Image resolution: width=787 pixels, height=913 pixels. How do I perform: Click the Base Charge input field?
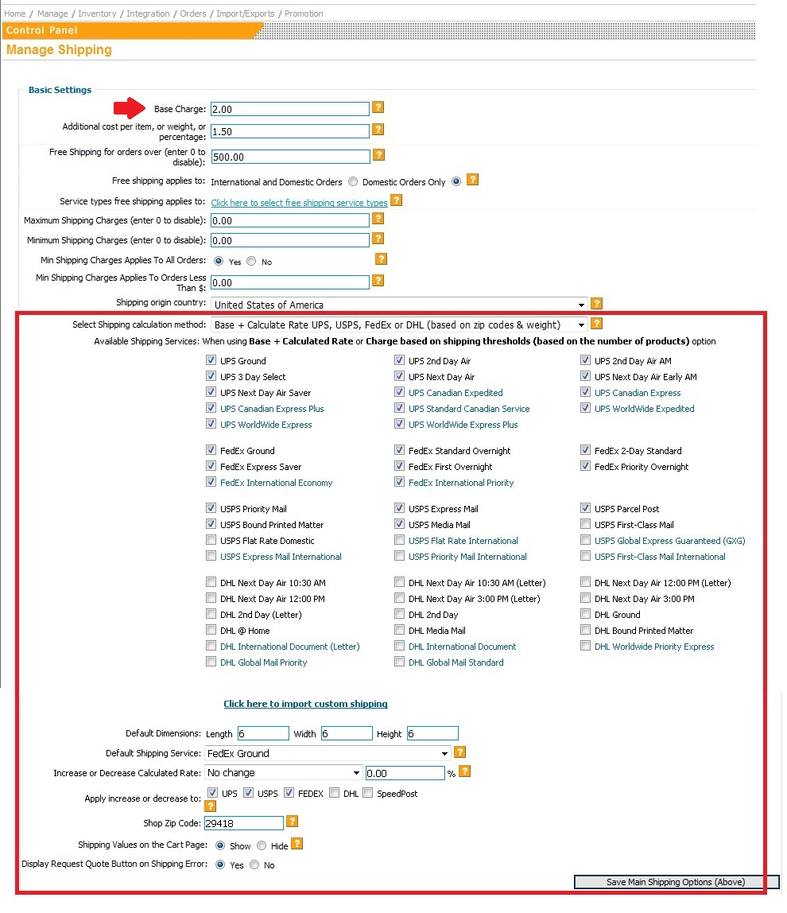(x=290, y=109)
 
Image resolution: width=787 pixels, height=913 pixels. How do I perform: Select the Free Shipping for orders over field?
(x=290, y=157)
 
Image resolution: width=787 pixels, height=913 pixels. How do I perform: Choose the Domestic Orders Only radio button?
(x=456, y=181)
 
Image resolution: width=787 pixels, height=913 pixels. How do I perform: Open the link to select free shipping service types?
(x=299, y=203)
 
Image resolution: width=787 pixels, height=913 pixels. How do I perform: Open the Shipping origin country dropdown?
(x=399, y=305)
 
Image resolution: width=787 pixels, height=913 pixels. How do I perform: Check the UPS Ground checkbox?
(x=211, y=360)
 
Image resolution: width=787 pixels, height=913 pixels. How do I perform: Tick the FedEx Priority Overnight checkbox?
(x=586, y=466)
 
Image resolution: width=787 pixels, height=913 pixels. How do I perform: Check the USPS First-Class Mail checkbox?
(x=586, y=524)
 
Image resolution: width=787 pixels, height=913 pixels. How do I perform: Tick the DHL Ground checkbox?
(x=586, y=614)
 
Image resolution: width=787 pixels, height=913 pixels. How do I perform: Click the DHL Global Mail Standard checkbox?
(x=400, y=662)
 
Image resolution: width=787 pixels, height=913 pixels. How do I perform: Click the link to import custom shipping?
(x=305, y=704)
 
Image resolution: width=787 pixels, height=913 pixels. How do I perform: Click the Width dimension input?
(x=347, y=733)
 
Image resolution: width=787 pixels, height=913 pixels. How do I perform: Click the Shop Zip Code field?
(x=243, y=823)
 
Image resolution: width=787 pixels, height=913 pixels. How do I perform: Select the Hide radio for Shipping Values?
(x=262, y=845)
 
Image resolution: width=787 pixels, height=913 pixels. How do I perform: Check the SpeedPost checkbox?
(x=367, y=793)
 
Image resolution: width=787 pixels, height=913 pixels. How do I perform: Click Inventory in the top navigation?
(x=97, y=14)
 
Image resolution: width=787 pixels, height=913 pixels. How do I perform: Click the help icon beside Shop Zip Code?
(x=293, y=822)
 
